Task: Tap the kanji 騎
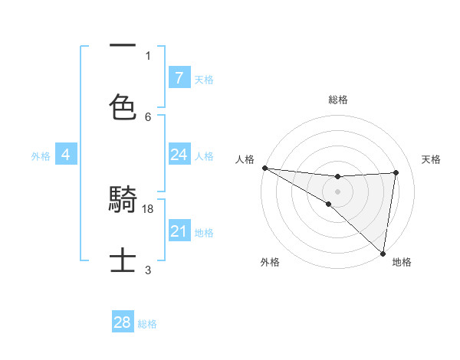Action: click(123, 201)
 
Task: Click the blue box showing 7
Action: click(179, 77)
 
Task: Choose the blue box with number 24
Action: click(179, 155)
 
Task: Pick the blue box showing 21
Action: click(179, 231)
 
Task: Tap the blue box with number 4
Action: click(66, 155)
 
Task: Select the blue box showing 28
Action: click(123, 322)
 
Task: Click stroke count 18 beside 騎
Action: click(149, 208)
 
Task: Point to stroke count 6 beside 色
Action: click(148, 116)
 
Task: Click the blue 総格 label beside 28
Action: click(147, 324)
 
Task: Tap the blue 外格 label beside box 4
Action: click(41, 156)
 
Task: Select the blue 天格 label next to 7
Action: click(204, 79)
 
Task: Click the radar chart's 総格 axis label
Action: click(337, 100)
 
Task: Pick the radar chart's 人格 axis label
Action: click(245, 159)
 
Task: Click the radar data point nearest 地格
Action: click(383, 253)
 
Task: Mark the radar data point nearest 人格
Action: click(264, 168)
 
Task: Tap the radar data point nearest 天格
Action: click(396, 172)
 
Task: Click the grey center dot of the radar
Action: click(337, 191)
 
